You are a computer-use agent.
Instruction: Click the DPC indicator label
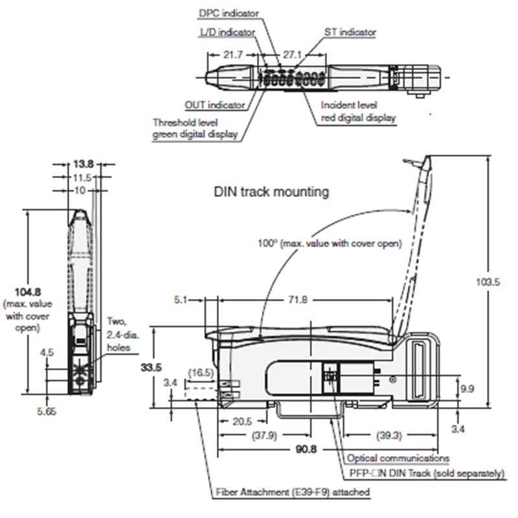click(x=229, y=13)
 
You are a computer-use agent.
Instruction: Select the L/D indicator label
click(x=228, y=32)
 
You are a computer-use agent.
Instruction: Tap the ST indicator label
click(x=350, y=32)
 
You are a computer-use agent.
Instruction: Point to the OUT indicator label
click(x=215, y=105)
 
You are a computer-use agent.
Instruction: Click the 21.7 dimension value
click(x=233, y=54)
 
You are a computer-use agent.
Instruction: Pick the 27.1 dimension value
click(x=292, y=54)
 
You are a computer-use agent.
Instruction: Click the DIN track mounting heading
click(x=271, y=192)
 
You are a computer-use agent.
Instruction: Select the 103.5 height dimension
click(x=488, y=282)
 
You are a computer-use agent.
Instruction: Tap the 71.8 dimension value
click(x=298, y=300)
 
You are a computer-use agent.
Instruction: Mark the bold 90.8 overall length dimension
click(x=306, y=449)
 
